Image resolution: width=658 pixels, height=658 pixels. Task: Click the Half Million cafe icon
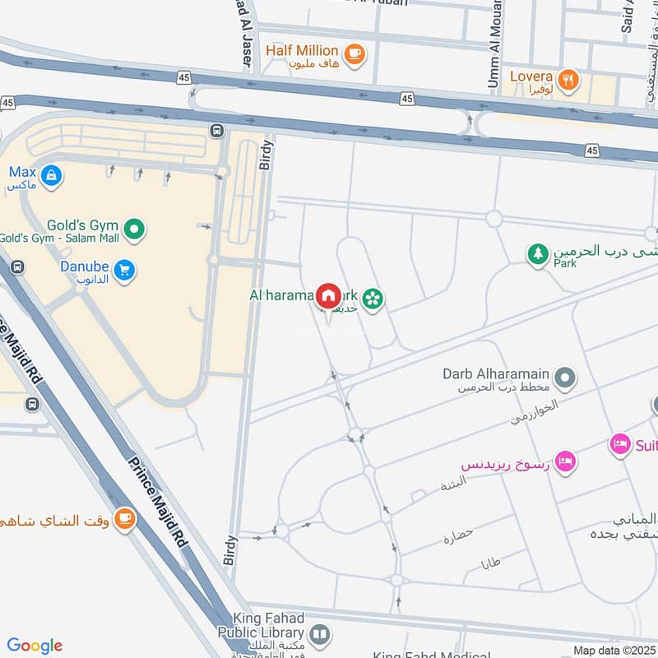click(355, 54)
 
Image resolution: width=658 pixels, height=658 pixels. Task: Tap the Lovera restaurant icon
click(568, 80)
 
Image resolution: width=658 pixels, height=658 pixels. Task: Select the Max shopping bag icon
click(51, 175)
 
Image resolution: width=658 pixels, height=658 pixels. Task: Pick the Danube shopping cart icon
click(124, 271)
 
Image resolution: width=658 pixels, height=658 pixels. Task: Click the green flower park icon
click(373, 299)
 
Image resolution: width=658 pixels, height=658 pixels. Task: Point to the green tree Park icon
click(538, 254)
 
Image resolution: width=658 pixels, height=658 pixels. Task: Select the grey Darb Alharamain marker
click(564, 378)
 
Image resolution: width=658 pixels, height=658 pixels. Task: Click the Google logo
click(35, 646)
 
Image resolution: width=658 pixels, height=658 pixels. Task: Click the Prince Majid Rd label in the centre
click(157, 503)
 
